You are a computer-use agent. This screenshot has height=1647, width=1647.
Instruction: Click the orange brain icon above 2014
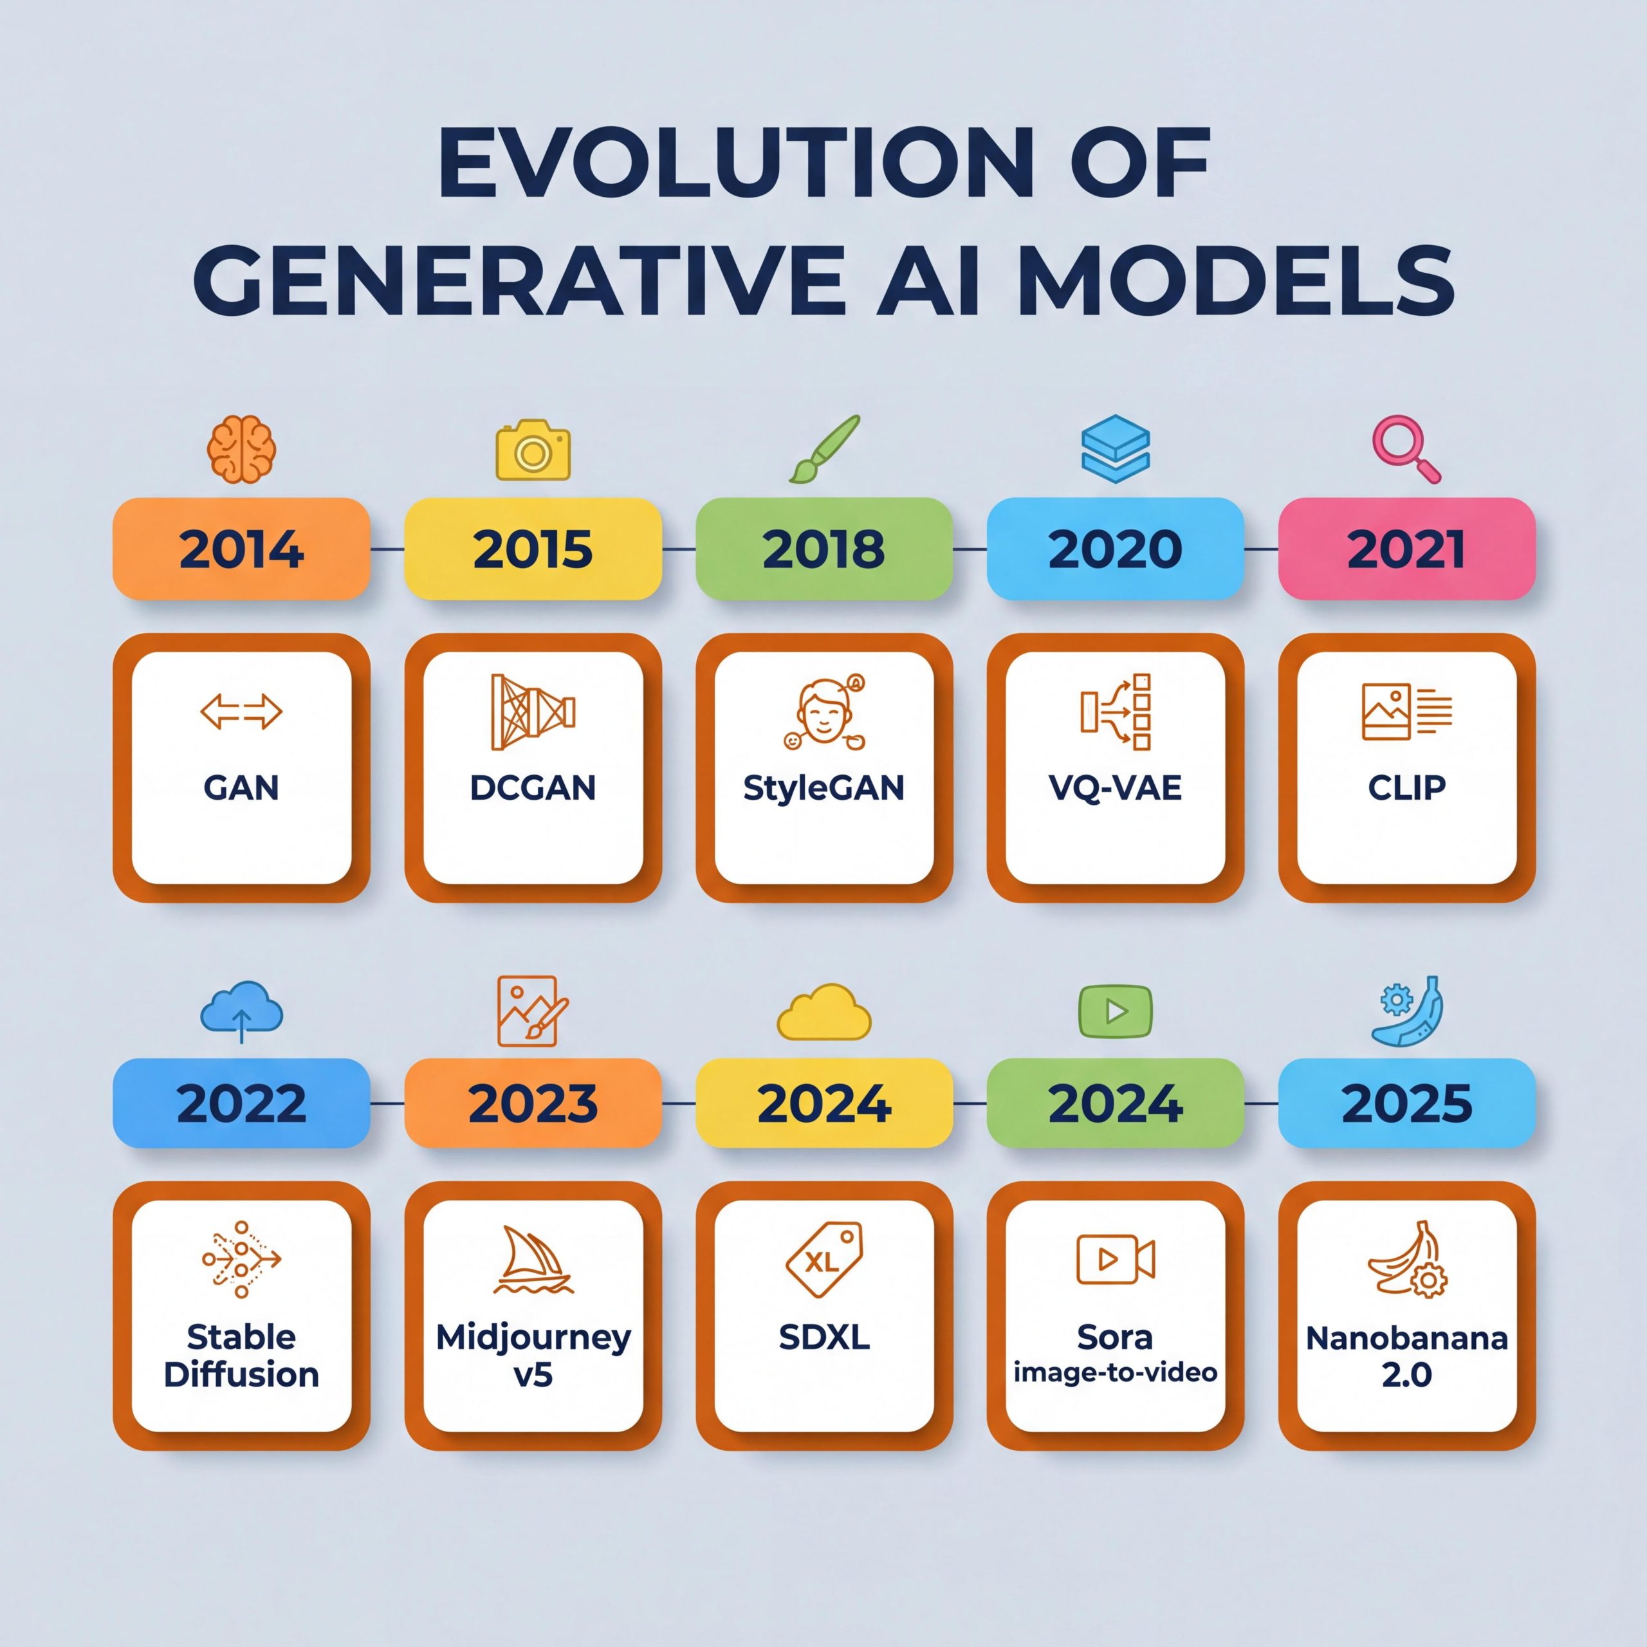click(x=241, y=449)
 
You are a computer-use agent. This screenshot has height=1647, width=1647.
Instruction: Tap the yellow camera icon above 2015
click(x=533, y=449)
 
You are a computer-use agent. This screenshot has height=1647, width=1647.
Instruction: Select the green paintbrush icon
click(x=824, y=449)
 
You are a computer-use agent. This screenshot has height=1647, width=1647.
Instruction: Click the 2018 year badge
click(x=823, y=548)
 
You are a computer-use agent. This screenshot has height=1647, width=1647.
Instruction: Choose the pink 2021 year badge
click(x=1406, y=548)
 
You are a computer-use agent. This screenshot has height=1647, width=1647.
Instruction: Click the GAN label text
click(x=241, y=787)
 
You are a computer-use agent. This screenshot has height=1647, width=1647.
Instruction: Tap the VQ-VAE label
click(x=1115, y=787)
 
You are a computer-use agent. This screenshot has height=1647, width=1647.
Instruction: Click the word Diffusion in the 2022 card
click(x=241, y=1375)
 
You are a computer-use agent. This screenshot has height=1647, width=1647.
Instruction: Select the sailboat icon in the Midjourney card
click(x=533, y=1261)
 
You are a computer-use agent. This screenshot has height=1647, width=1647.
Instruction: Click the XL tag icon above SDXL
click(x=824, y=1259)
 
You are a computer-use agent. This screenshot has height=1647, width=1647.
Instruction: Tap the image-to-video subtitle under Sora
click(x=1115, y=1372)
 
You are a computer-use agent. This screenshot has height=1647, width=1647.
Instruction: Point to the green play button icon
click(x=1115, y=1011)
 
